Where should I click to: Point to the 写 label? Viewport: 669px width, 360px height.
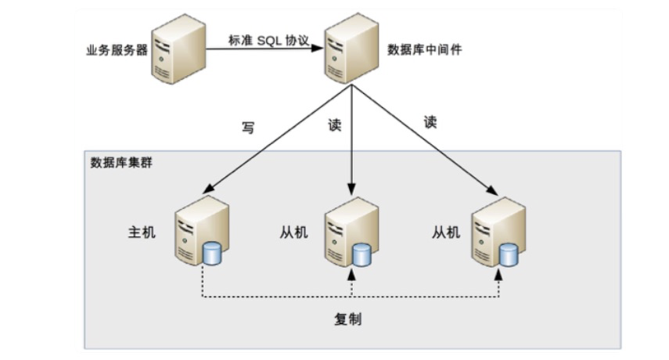pyautogui.click(x=248, y=128)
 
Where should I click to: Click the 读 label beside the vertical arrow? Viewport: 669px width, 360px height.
pyautogui.click(x=335, y=126)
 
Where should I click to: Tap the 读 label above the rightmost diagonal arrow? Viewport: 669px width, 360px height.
pyautogui.click(x=430, y=122)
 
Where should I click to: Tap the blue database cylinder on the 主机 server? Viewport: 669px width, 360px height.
pyautogui.click(x=211, y=253)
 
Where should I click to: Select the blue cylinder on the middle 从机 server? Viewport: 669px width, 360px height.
pyautogui.click(x=361, y=254)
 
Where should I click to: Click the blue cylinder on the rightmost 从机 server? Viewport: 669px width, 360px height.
pyautogui.click(x=509, y=254)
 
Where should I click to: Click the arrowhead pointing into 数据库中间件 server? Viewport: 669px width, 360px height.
pyautogui.click(x=318, y=48)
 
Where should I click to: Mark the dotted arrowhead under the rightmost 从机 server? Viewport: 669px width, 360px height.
pyautogui.click(x=501, y=272)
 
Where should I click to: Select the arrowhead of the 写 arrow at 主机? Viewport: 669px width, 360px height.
pyautogui.click(x=206, y=190)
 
